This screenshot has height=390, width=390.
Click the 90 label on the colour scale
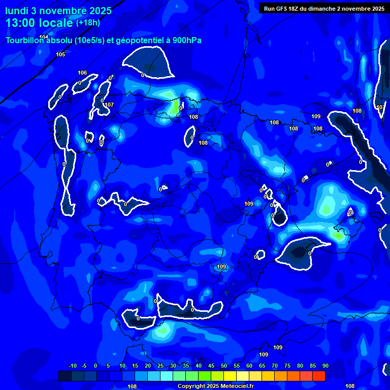(x=325, y=366)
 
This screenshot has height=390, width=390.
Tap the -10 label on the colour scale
(x=72, y=366)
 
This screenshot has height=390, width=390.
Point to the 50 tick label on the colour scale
(x=223, y=366)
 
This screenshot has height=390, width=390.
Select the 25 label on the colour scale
(x=160, y=366)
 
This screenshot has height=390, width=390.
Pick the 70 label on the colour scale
(x=274, y=366)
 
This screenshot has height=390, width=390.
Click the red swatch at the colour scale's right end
(x=319, y=376)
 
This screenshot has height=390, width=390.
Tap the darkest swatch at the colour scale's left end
(x=65, y=376)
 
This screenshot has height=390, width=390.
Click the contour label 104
(x=44, y=37)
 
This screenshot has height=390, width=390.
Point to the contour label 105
(x=60, y=54)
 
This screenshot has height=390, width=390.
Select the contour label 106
(x=82, y=73)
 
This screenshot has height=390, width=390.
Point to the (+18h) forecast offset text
(x=88, y=22)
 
